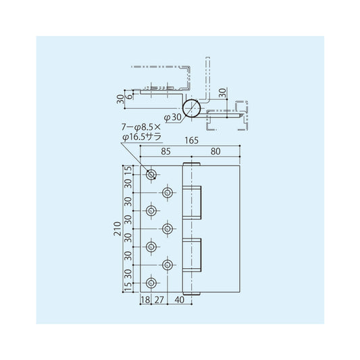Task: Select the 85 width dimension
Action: coord(165,152)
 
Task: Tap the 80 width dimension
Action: coord(215,152)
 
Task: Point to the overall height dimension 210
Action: coord(118,229)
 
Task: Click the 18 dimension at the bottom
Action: coord(145,299)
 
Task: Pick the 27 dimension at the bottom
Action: coord(159,299)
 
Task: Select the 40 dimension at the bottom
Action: coord(180,299)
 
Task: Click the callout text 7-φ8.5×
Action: coord(140,126)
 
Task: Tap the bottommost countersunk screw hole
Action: coord(151,282)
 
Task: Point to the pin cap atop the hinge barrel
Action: coord(192,164)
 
